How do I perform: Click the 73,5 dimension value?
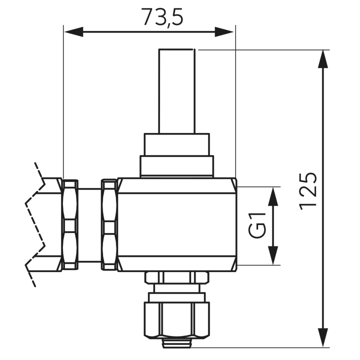pos(162,17)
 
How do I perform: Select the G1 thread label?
pos(257,225)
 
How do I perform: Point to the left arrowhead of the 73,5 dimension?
pos(73,31)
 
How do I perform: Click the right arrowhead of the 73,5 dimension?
pos(224,31)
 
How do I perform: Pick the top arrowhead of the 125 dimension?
pos(323,59)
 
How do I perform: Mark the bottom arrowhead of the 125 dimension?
pos(323,337)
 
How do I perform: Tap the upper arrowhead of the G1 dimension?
pos(273,196)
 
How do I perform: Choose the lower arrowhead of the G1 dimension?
pos(273,255)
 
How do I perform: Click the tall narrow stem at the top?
pos(177,91)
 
